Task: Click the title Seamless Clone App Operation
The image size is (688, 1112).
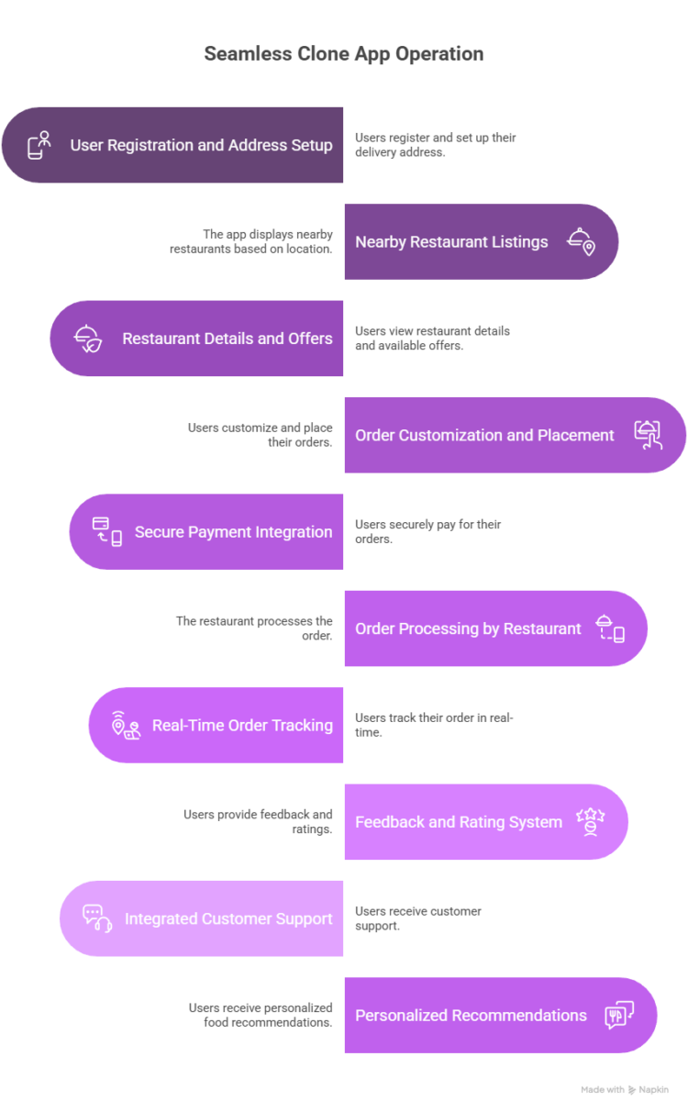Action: coord(343,54)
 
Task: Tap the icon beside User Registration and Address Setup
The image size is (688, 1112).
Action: coord(39,145)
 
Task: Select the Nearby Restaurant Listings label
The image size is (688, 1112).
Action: coord(451,242)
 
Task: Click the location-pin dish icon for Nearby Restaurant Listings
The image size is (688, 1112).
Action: coord(581,241)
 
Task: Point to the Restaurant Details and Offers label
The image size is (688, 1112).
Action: coord(227,339)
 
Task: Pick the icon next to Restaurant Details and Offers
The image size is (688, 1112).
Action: coord(87,339)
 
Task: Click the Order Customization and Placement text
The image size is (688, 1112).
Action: coord(484,435)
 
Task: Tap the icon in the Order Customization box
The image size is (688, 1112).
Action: coord(648,435)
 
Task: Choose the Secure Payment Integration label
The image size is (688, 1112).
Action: coord(233,532)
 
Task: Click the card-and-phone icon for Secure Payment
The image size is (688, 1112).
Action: coord(106,532)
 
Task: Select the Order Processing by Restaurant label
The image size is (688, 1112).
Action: coord(468,628)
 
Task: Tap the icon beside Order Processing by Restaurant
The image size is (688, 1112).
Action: coord(610,628)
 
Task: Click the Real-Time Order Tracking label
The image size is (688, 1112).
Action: coord(242,725)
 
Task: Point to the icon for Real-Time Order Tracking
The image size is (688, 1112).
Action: coord(126,725)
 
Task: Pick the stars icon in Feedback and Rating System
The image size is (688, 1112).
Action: coord(590,821)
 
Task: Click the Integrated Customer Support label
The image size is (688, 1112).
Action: coord(228,918)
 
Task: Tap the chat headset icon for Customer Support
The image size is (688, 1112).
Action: coord(97,918)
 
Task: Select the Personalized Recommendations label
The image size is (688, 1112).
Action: coord(471,1016)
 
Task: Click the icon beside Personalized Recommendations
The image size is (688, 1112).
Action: coord(619,1016)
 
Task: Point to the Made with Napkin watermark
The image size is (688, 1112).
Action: coord(625,1089)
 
